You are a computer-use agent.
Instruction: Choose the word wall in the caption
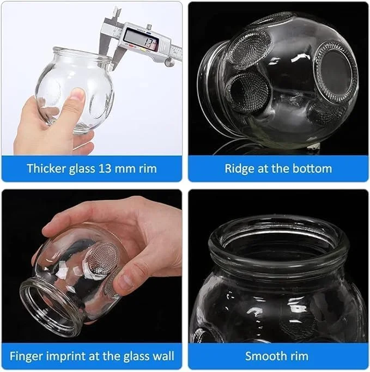pos(163,356)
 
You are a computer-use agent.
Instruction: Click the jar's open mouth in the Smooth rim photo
pos(278,240)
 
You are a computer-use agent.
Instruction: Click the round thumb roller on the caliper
pos(170,62)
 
